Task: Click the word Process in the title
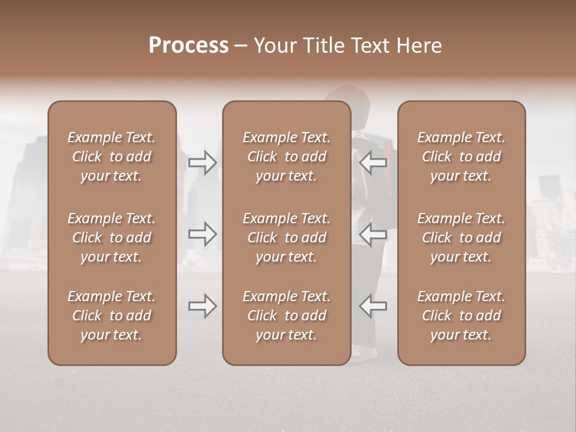pyautogui.click(x=188, y=46)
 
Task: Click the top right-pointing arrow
pyautogui.click(x=202, y=162)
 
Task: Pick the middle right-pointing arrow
pyautogui.click(x=202, y=234)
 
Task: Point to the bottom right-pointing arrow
pyautogui.click(x=202, y=306)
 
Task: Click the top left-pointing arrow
pyautogui.click(x=373, y=162)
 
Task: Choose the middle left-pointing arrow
pyautogui.click(x=373, y=234)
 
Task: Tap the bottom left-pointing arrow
pyautogui.click(x=373, y=306)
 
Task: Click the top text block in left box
pyautogui.click(x=112, y=157)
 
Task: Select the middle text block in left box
pyautogui.click(x=112, y=238)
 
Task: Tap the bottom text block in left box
pyautogui.click(x=112, y=316)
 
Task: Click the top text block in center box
pyautogui.click(x=286, y=157)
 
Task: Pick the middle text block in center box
pyautogui.click(x=286, y=238)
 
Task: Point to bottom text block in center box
pyautogui.click(x=286, y=316)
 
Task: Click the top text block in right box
pyautogui.click(x=461, y=157)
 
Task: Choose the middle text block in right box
pyautogui.click(x=461, y=238)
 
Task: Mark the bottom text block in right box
pyautogui.click(x=461, y=316)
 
